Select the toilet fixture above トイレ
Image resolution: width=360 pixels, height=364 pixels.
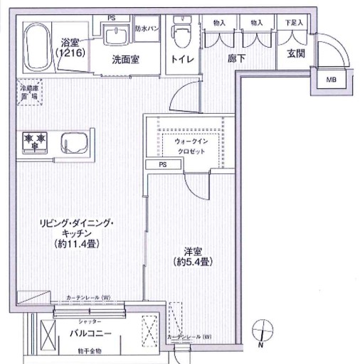click(180, 35)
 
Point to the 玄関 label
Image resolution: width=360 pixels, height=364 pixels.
click(296, 55)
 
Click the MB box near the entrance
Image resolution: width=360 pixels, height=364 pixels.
click(332, 80)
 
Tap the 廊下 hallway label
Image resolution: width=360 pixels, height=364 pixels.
click(237, 59)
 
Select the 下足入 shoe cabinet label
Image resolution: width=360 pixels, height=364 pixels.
click(294, 23)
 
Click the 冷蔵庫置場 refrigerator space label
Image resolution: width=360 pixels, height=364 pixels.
click(31, 92)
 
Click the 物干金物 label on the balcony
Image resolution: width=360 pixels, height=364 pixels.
click(90, 352)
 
